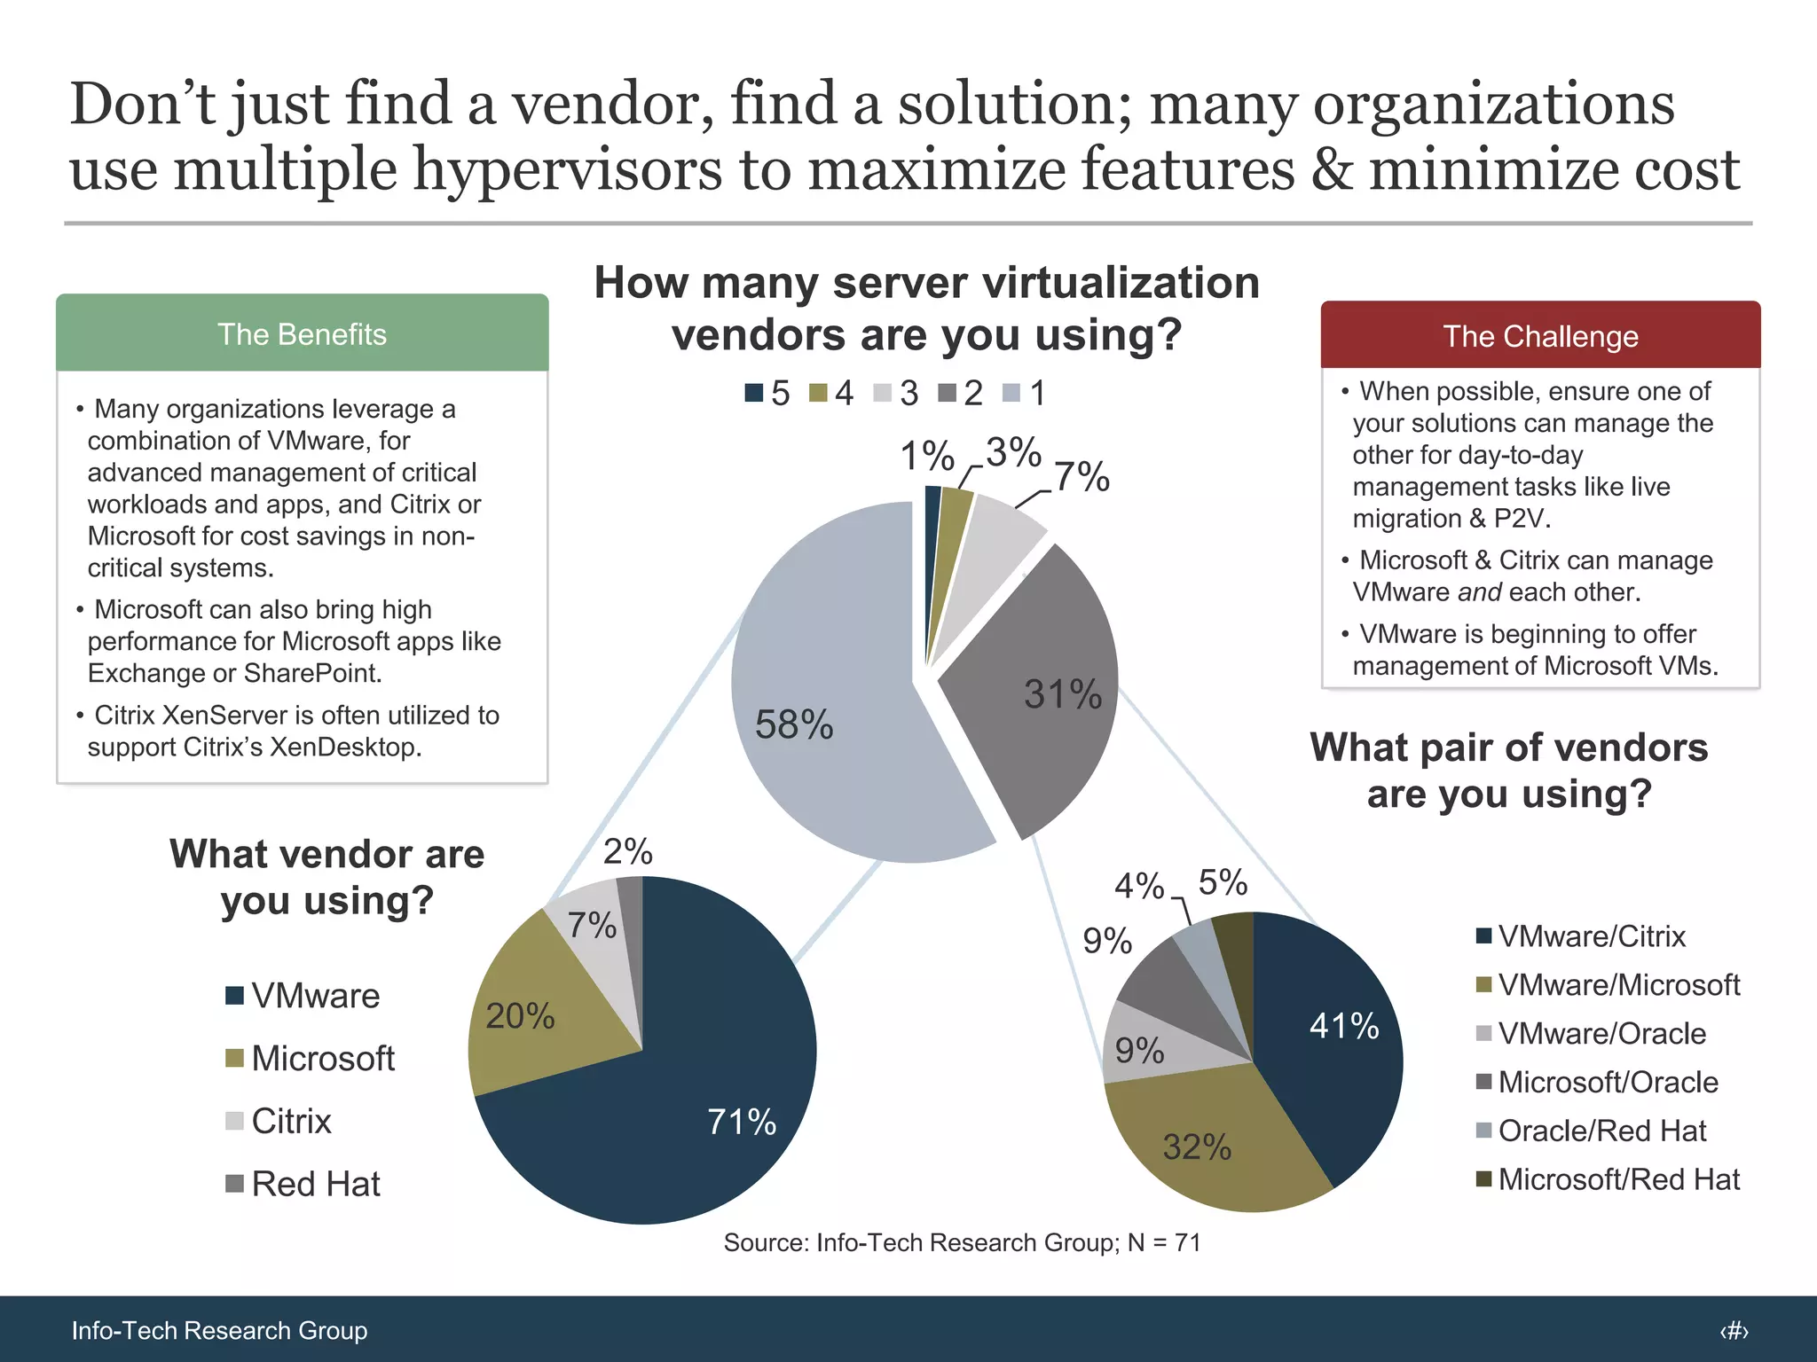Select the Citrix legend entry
pos(279,1121)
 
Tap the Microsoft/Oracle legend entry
pos(1596,1082)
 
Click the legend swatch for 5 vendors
pos(753,393)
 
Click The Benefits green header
pos(302,334)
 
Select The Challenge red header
pos(1540,336)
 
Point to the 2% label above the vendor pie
pos(627,851)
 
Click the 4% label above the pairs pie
pos(1138,885)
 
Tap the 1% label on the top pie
pos(926,456)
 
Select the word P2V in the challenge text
pos(1521,518)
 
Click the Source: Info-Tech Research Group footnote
pos(962,1242)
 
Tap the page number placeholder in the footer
pos(1734,1330)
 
